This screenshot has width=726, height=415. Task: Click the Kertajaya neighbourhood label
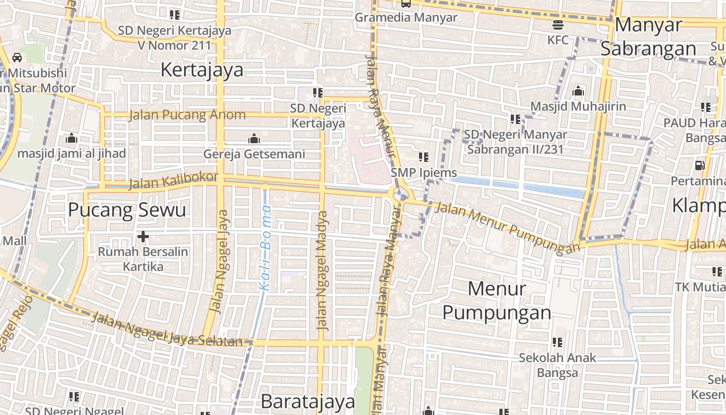click(202, 70)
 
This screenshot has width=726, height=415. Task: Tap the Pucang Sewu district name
click(127, 210)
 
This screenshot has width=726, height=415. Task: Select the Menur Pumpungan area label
click(496, 301)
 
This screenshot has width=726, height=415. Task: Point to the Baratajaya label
click(308, 402)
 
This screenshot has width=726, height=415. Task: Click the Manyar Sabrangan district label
click(648, 36)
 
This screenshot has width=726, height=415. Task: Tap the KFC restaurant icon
click(558, 24)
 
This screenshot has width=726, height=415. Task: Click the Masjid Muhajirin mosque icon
click(578, 92)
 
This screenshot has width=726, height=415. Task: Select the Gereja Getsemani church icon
click(254, 139)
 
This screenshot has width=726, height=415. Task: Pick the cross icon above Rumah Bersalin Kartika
click(143, 237)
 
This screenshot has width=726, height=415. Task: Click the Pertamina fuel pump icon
click(700, 165)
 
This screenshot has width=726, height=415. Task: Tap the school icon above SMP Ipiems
click(424, 157)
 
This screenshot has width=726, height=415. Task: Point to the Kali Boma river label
click(265, 248)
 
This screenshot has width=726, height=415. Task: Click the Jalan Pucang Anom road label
click(187, 115)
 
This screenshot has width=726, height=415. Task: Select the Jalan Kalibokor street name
click(173, 181)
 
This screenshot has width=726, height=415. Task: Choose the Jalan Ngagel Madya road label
click(323, 270)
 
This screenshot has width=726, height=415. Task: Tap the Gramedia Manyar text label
click(406, 17)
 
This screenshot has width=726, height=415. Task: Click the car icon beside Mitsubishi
click(17, 57)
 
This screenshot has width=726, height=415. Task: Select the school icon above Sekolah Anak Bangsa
click(557, 342)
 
